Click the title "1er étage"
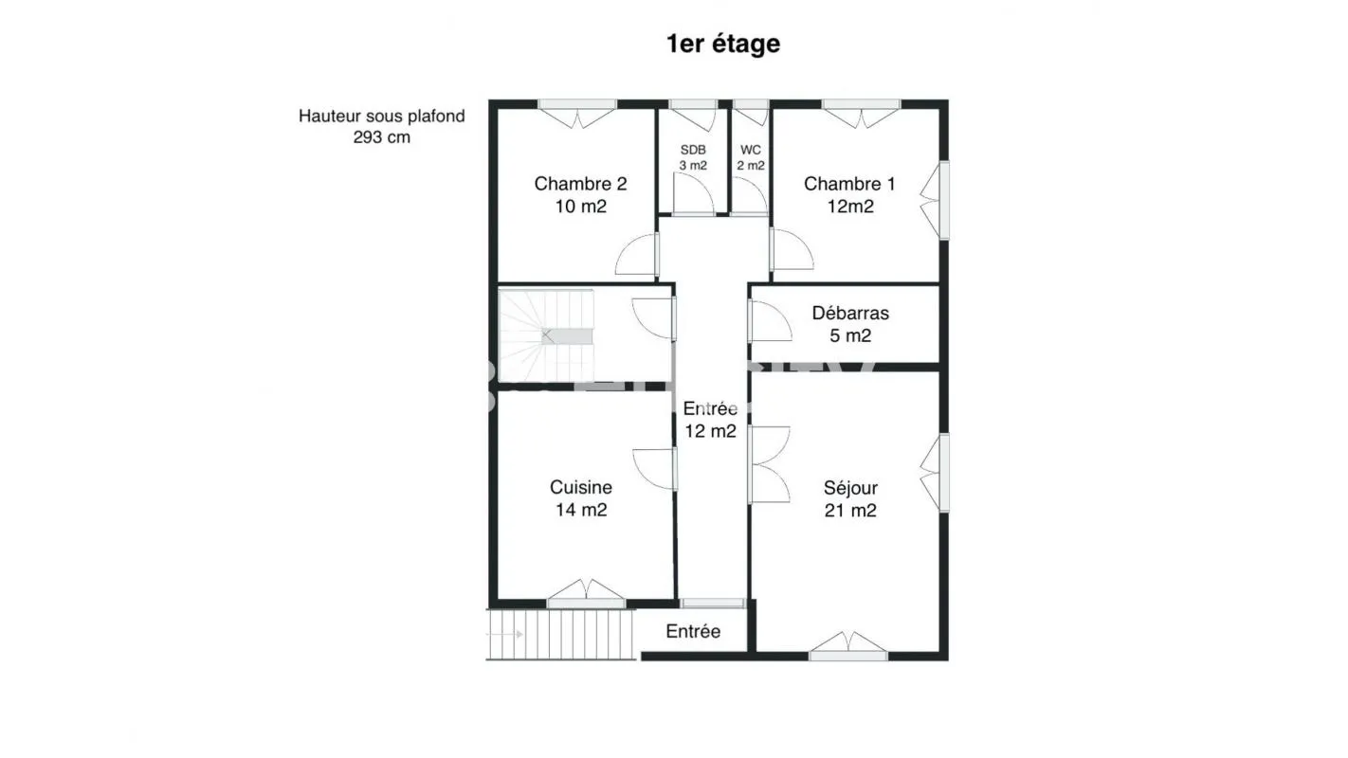[x=722, y=44]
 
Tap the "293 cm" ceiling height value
[x=381, y=137]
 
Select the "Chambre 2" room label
[x=581, y=184]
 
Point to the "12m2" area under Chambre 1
[x=849, y=207]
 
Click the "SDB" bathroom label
[x=693, y=150]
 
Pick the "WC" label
[x=751, y=150]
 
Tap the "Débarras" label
[x=850, y=313]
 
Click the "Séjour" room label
[x=850, y=487]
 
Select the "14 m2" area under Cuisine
[x=581, y=510]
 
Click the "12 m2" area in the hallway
[x=710, y=431]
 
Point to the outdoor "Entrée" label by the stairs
[x=693, y=631]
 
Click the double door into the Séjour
[x=769, y=464]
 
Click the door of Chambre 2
[x=637, y=255]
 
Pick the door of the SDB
[x=694, y=193]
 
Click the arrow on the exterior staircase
[x=504, y=634]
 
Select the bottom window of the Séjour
[x=848, y=646]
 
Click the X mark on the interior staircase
[x=546, y=334]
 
